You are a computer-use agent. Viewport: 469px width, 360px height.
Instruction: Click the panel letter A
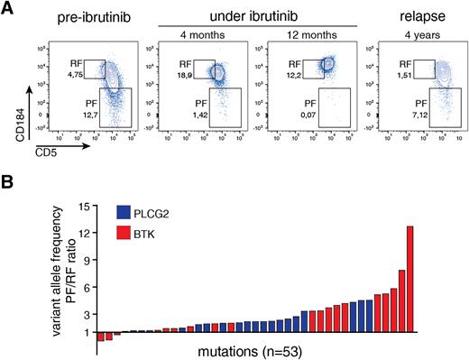point(7,7)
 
